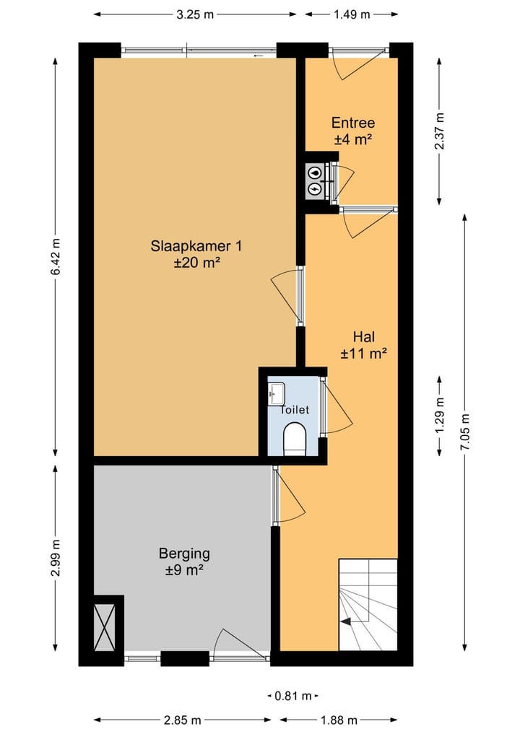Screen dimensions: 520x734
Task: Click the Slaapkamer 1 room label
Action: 196,254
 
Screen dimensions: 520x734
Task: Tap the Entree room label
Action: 353,131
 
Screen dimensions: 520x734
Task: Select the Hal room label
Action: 364,344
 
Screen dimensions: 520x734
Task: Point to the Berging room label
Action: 184,562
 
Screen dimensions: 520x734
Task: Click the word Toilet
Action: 295,410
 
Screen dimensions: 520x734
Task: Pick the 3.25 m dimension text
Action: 195,14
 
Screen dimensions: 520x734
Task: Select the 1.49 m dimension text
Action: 352,14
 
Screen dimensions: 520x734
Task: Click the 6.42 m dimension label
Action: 56,256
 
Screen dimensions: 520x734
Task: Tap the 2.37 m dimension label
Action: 439,131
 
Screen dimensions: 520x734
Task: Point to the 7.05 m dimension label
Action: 465,432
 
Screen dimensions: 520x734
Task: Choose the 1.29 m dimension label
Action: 439,416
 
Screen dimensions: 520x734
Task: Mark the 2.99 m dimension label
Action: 56,558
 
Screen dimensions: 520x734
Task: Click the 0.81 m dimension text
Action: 293,696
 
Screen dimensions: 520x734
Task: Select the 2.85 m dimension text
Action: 183,720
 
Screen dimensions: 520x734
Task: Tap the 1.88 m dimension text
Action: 339,720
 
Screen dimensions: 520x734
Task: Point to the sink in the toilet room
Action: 277,393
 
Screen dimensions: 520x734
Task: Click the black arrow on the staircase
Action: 346,621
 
